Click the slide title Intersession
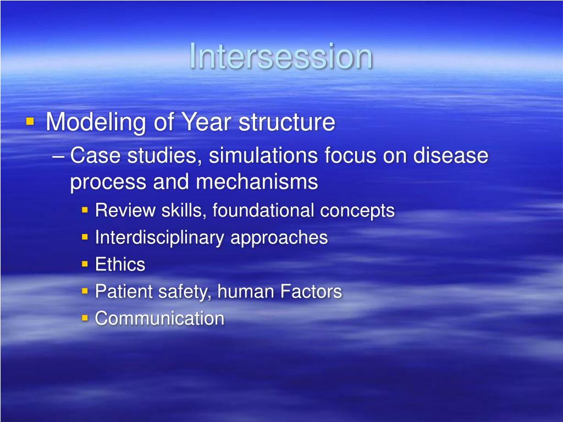[x=281, y=56]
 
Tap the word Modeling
[x=96, y=123]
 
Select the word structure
[x=286, y=122]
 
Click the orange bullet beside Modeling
[x=30, y=121]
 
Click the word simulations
[x=263, y=156]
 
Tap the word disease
[x=451, y=156]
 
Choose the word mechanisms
[x=257, y=181]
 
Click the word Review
[x=125, y=210]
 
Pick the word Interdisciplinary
[x=160, y=237]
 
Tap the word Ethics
[x=120, y=264]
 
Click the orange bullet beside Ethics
[x=85, y=264]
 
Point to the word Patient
[x=124, y=291]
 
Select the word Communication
[x=160, y=318]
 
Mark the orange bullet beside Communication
[x=85, y=318]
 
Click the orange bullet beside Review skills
[x=85, y=210]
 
